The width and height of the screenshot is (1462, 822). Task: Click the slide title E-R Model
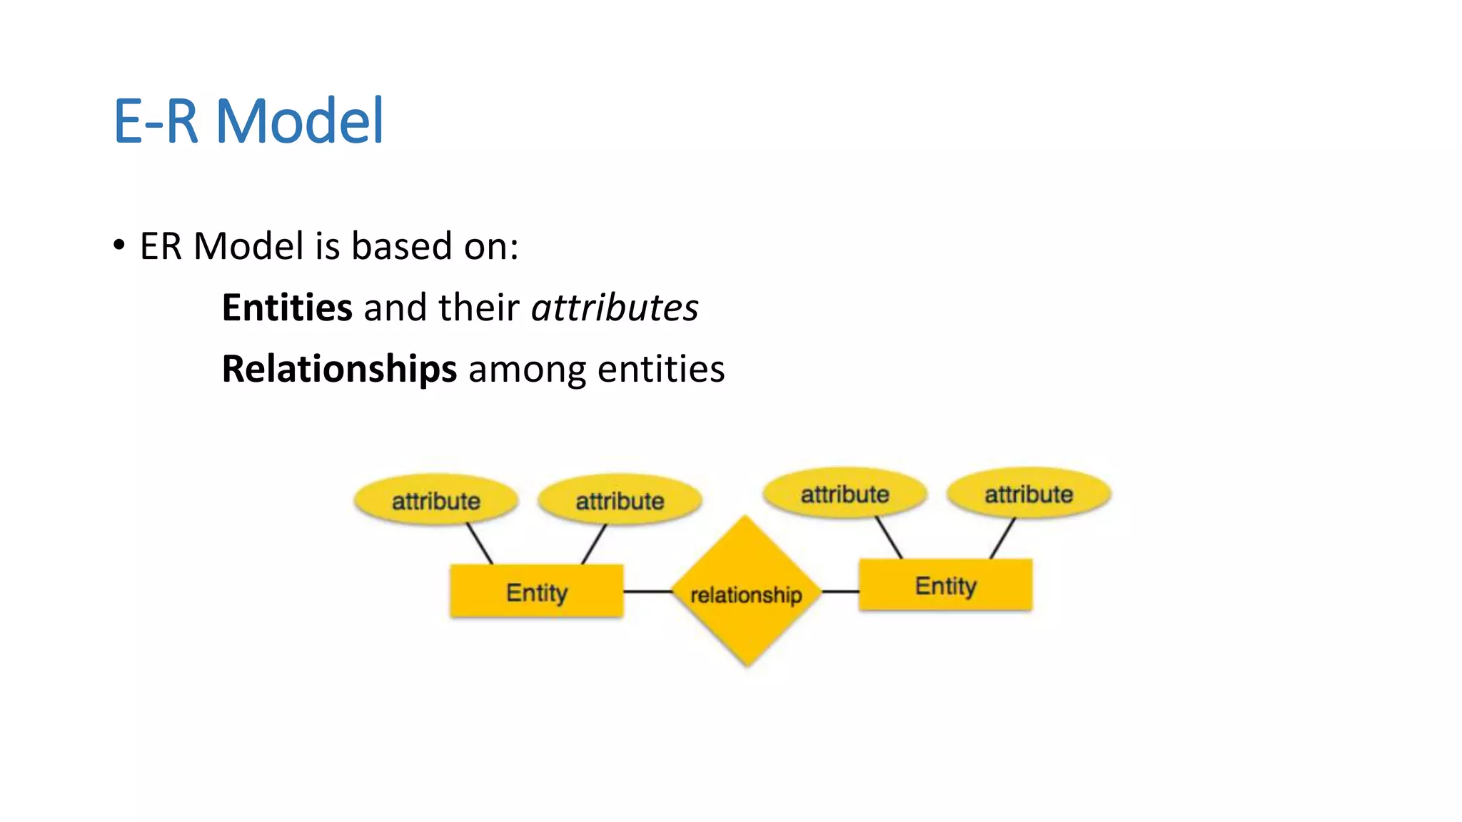click(x=248, y=121)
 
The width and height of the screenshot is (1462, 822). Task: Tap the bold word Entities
click(x=287, y=308)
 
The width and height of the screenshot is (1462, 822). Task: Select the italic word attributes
click(x=615, y=308)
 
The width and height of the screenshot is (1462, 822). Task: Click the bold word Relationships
click(x=339, y=370)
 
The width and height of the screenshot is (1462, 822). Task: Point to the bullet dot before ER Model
click(x=119, y=245)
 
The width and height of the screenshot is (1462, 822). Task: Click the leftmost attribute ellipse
click(x=435, y=500)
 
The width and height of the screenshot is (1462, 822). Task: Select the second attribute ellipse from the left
click(x=620, y=500)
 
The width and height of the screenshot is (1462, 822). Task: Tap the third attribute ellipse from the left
click(x=845, y=494)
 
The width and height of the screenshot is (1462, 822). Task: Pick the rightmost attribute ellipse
click(x=1029, y=494)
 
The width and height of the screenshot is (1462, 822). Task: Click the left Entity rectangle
click(x=537, y=592)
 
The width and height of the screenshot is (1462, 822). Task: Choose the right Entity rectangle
click(x=945, y=585)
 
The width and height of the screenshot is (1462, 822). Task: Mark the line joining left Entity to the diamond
click(x=647, y=592)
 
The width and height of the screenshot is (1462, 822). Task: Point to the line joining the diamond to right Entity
click(x=840, y=592)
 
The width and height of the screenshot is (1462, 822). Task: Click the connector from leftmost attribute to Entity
click(x=480, y=544)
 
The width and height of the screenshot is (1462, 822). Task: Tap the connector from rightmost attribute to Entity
click(x=1002, y=538)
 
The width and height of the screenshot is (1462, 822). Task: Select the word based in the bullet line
click(x=402, y=246)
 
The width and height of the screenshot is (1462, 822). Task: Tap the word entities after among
click(x=661, y=370)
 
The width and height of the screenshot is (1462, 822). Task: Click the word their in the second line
click(x=478, y=308)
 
